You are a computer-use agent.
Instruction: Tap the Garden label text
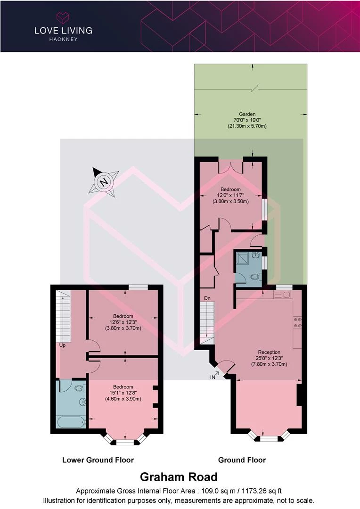coord(247,114)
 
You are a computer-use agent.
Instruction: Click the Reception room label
coord(269,352)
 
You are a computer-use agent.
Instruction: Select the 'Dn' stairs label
coord(207,298)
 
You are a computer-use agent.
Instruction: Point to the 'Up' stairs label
coord(62,345)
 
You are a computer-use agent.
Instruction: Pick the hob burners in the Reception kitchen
coord(298,322)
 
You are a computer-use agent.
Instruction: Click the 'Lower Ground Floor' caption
coord(98,460)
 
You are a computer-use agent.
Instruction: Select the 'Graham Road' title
coord(179,477)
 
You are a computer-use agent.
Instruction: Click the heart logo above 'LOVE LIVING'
coord(63,17)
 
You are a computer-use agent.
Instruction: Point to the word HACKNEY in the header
coord(63,39)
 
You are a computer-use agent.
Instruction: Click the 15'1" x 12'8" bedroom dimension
coord(123,393)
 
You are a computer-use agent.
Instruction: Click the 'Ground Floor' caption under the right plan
coord(242,460)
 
